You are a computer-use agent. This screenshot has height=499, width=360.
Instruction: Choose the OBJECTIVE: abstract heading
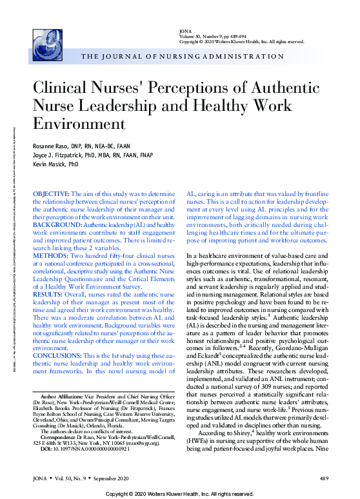50,193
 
